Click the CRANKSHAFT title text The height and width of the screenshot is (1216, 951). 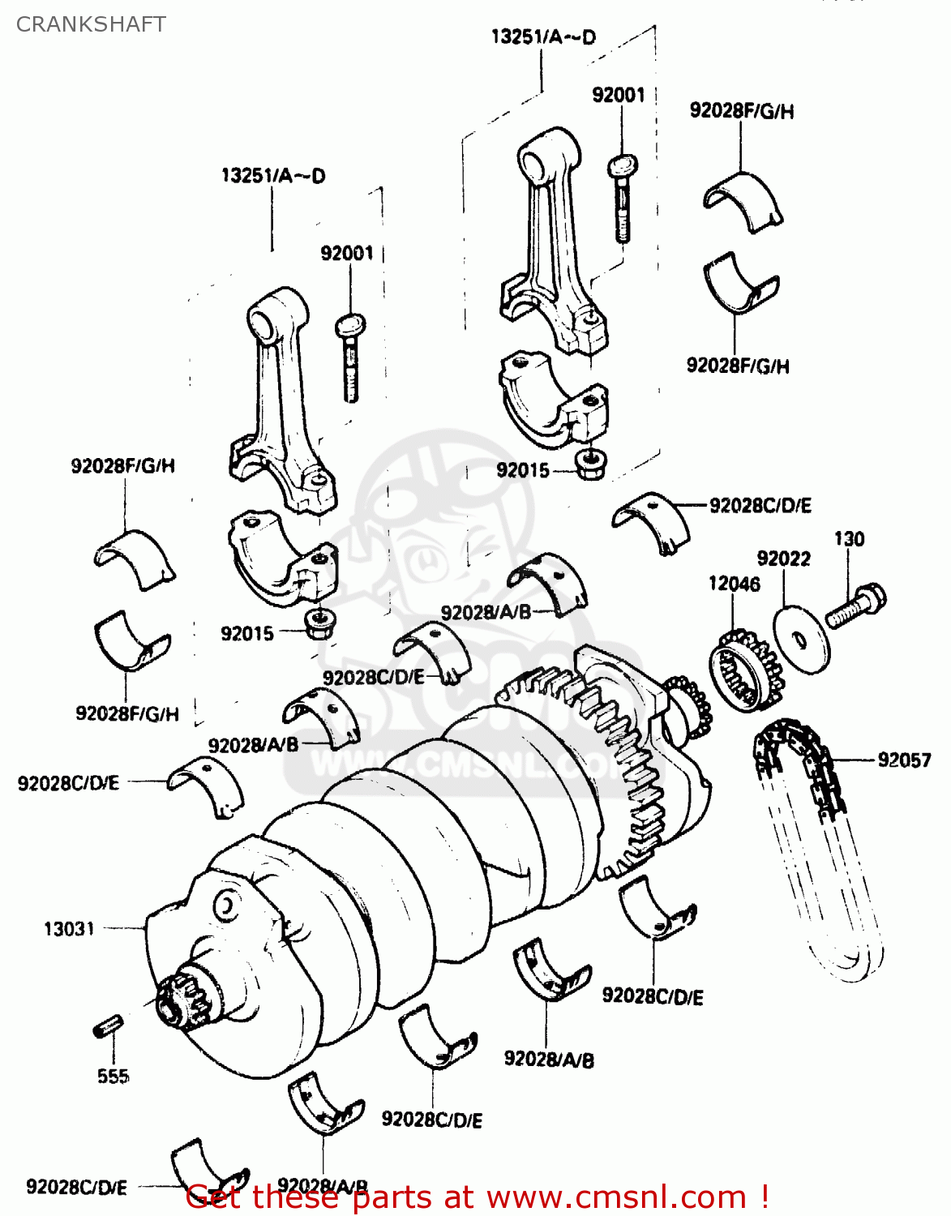[91, 24]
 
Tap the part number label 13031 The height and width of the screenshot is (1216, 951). [69, 929]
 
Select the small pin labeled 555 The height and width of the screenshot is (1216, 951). [107, 1025]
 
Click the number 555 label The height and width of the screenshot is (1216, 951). [113, 1077]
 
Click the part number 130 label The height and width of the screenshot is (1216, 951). [849, 539]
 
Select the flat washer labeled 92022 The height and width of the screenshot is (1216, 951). [801, 639]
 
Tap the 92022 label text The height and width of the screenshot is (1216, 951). [783, 559]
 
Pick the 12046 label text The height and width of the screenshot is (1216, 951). [734, 584]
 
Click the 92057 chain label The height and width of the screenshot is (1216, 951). [904, 760]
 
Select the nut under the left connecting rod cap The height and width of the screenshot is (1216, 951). [319, 623]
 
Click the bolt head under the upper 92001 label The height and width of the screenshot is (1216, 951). [622, 166]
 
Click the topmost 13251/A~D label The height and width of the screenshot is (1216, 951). [542, 37]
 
